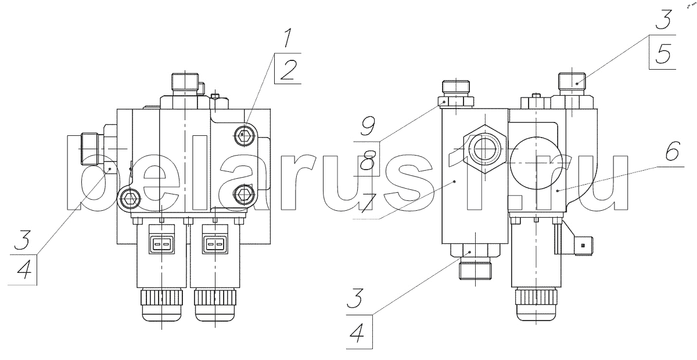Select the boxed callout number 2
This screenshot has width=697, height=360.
(289, 69)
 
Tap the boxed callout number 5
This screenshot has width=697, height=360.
(663, 53)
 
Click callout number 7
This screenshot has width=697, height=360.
(369, 203)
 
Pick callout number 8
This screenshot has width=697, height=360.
(368, 160)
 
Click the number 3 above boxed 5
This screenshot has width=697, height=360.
(663, 19)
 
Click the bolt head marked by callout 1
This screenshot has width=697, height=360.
(243, 136)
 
